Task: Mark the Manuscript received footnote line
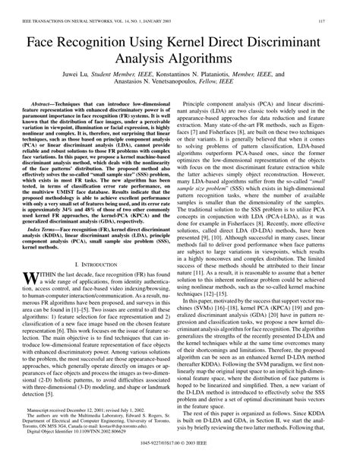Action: (x=91, y=420)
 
